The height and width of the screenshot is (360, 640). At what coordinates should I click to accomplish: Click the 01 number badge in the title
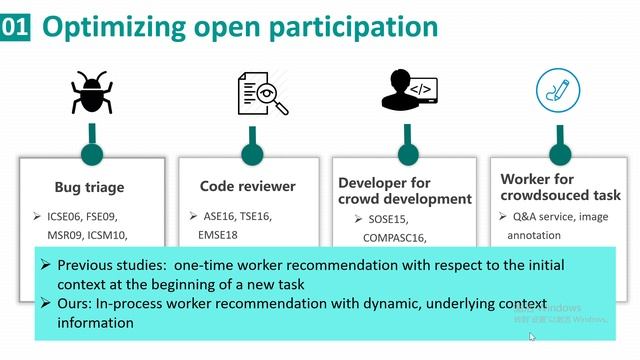coord(15,27)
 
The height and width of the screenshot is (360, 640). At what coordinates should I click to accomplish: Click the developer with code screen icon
coord(405,92)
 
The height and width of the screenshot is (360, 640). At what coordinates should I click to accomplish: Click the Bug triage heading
coord(90,186)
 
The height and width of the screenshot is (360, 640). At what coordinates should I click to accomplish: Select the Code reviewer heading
coord(248,186)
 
